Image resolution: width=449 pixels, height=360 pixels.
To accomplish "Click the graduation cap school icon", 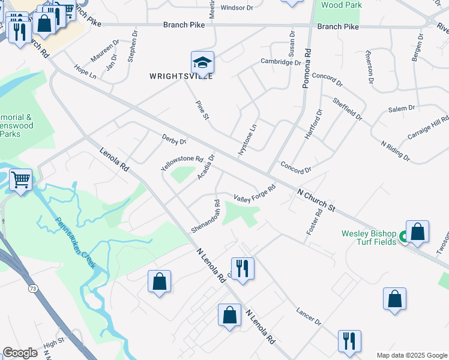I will click(x=202, y=62).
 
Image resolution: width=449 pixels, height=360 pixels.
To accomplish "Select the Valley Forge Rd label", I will click(x=255, y=193).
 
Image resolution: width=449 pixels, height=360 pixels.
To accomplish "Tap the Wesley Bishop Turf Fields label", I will click(x=369, y=237).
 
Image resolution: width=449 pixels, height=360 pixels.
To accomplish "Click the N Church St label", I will click(x=316, y=199).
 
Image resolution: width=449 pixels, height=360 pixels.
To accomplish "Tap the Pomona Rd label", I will click(x=306, y=69).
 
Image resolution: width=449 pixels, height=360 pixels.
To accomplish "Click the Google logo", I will click(x=20, y=353).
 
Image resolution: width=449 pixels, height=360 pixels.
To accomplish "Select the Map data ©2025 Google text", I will click(x=411, y=355).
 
